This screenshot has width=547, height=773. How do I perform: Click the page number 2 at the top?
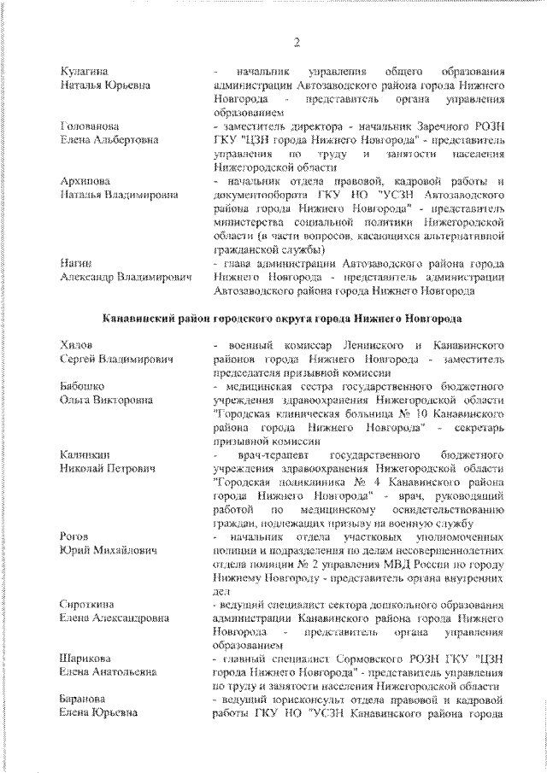click(x=296, y=43)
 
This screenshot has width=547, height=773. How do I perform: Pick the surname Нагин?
click(x=75, y=263)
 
